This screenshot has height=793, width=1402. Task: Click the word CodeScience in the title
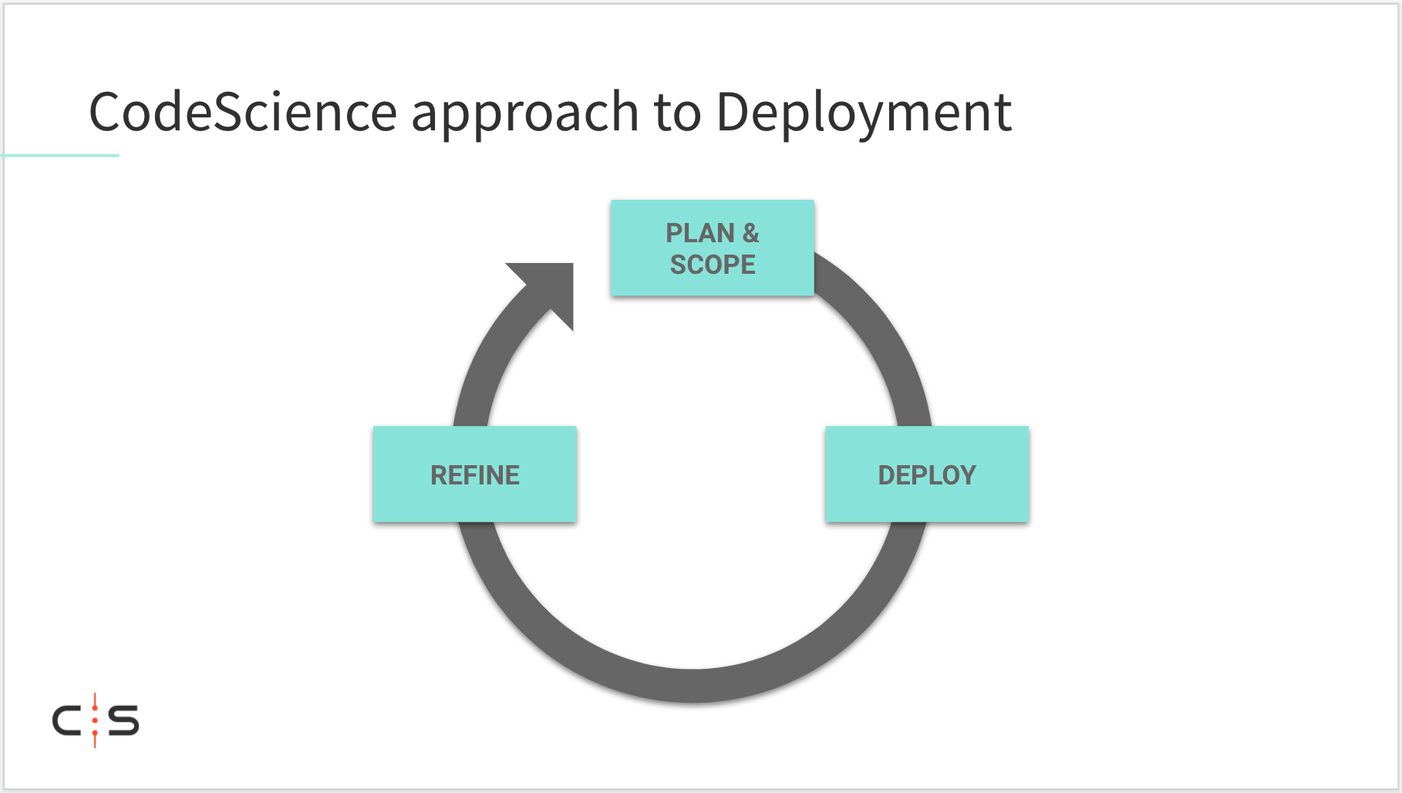[243, 112]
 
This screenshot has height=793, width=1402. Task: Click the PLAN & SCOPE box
[713, 248]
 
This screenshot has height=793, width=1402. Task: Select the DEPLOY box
[927, 474]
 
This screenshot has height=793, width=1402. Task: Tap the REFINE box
[475, 474]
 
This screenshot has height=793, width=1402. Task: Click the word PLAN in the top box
[700, 233]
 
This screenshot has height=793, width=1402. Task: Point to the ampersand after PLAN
[750, 233]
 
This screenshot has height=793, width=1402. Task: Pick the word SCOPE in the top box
[713, 265]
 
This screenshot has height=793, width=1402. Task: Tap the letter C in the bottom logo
[67, 720]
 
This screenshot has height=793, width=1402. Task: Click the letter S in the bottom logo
[123, 720]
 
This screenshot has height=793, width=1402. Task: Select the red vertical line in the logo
[95, 720]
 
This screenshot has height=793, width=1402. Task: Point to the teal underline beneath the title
[60, 155]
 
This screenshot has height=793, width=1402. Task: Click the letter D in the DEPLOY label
[887, 475]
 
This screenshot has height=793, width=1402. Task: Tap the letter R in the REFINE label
[440, 475]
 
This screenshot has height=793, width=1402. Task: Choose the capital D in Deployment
[734, 113]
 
